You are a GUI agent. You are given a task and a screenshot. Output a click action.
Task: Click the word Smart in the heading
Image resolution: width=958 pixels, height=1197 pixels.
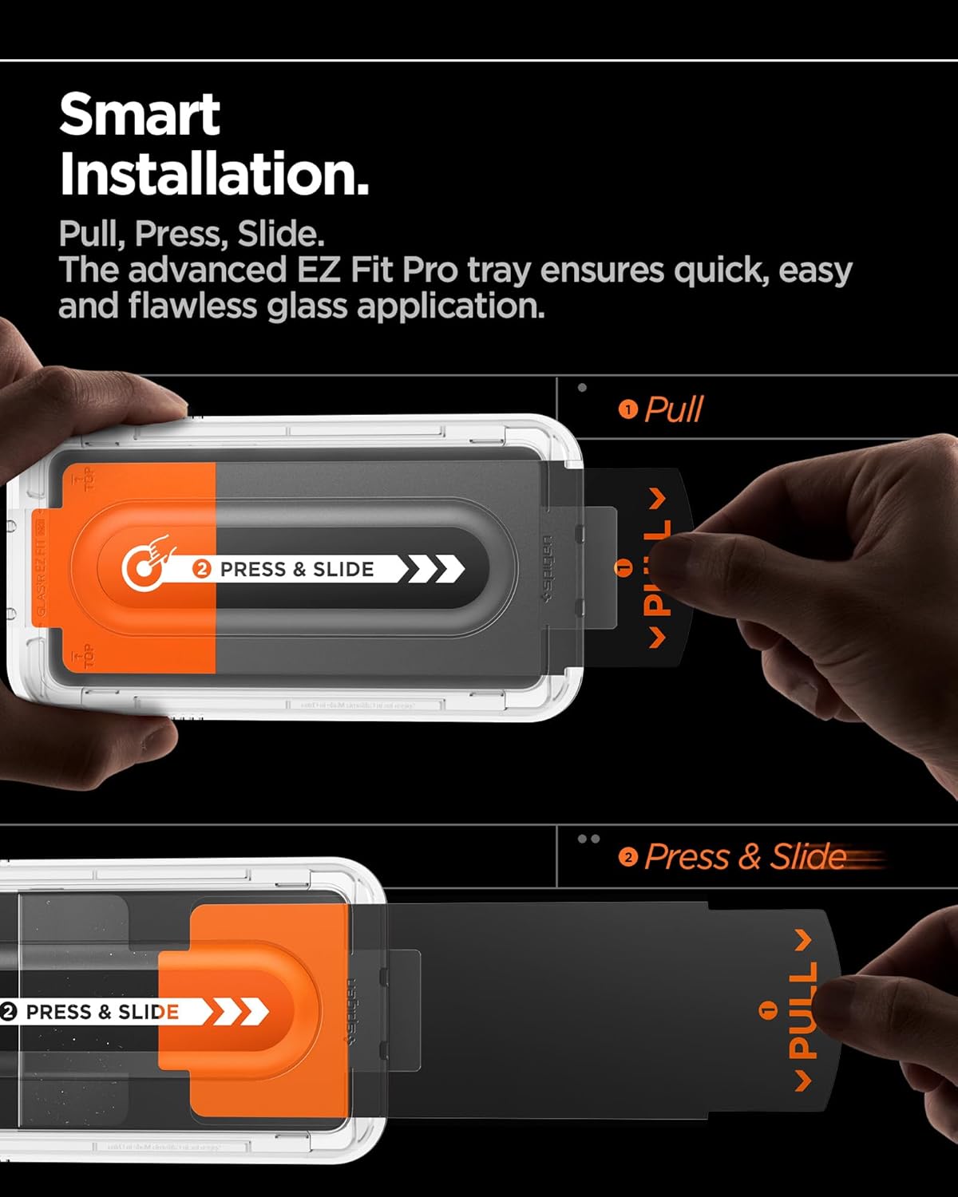point(140,115)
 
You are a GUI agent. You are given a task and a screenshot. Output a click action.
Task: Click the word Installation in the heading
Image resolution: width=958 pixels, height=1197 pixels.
point(214,175)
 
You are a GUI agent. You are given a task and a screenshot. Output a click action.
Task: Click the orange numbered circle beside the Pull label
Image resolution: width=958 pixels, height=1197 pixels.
point(628,409)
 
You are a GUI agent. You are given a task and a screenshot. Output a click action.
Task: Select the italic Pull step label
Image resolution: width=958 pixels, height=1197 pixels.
point(673,409)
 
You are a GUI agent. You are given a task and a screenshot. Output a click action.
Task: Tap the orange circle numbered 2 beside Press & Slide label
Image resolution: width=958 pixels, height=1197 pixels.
point(628,857)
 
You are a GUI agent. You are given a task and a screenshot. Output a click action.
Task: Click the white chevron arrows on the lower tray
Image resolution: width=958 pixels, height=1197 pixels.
point(239,1012)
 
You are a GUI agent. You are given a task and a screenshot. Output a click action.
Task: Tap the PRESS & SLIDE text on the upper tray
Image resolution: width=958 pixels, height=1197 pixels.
point(296,569)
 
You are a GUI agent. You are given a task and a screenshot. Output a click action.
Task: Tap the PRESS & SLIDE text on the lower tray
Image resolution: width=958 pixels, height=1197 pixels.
point(102,1012)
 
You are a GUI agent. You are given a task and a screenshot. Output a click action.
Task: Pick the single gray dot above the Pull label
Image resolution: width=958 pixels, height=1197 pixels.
point(582,388)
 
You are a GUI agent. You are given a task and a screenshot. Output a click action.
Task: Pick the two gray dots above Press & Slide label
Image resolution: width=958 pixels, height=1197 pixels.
point(588,839)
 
